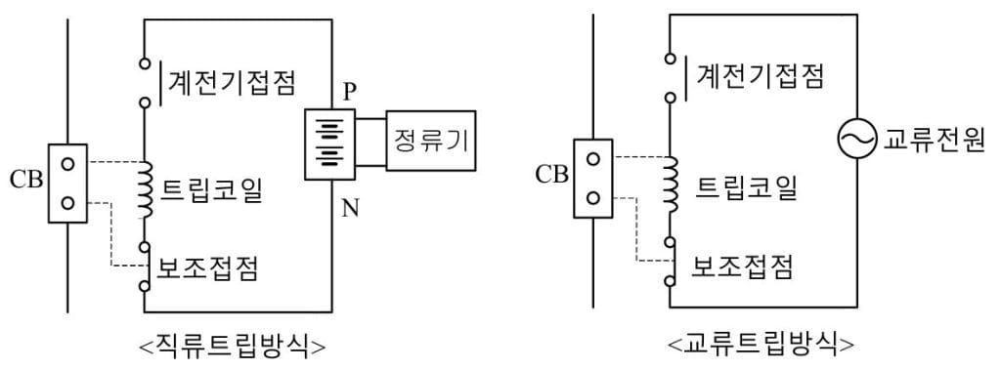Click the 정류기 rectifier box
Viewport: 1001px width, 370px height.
pos(431,141)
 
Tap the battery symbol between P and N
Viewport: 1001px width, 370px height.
pos(330,144)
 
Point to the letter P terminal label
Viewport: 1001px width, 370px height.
pos(349,93)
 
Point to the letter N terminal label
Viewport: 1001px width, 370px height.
pos(350,208)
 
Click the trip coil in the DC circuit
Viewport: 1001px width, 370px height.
pos(146,190)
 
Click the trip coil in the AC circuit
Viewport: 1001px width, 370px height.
pos(671,185)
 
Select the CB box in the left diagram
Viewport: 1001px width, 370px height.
pos(67,184)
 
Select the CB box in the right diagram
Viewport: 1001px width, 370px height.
pos(593,179)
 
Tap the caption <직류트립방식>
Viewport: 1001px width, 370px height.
pos(232,347)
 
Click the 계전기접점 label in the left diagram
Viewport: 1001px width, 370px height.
pos(231,82)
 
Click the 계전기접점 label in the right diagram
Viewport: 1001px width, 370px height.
pos(759,76)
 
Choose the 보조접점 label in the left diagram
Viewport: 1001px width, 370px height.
pos(207,269)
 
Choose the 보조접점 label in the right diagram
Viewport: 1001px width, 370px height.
pos(742,266)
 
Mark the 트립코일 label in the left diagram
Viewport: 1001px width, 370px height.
pos(212,190)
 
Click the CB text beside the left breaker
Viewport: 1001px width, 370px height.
pos(26,181)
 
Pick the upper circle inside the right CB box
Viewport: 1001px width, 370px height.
pos(593,159)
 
